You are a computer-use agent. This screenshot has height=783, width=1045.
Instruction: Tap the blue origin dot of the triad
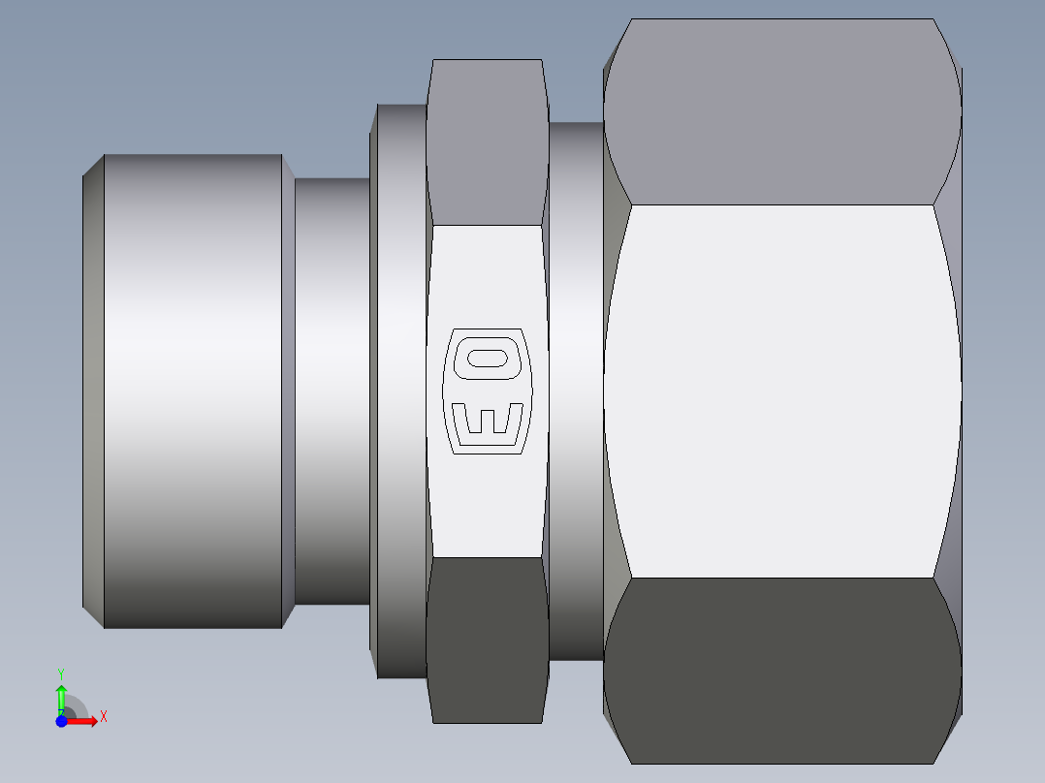coord(61,721)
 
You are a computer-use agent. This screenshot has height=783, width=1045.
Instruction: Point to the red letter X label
coord(104,717)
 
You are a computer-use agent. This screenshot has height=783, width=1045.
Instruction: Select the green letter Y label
coord(61,674)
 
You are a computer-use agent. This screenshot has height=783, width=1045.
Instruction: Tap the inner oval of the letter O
coord(488,358)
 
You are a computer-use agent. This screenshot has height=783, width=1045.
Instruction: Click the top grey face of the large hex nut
coord(781,112)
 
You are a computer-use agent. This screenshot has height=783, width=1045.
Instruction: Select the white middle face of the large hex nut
coord(781,391)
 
